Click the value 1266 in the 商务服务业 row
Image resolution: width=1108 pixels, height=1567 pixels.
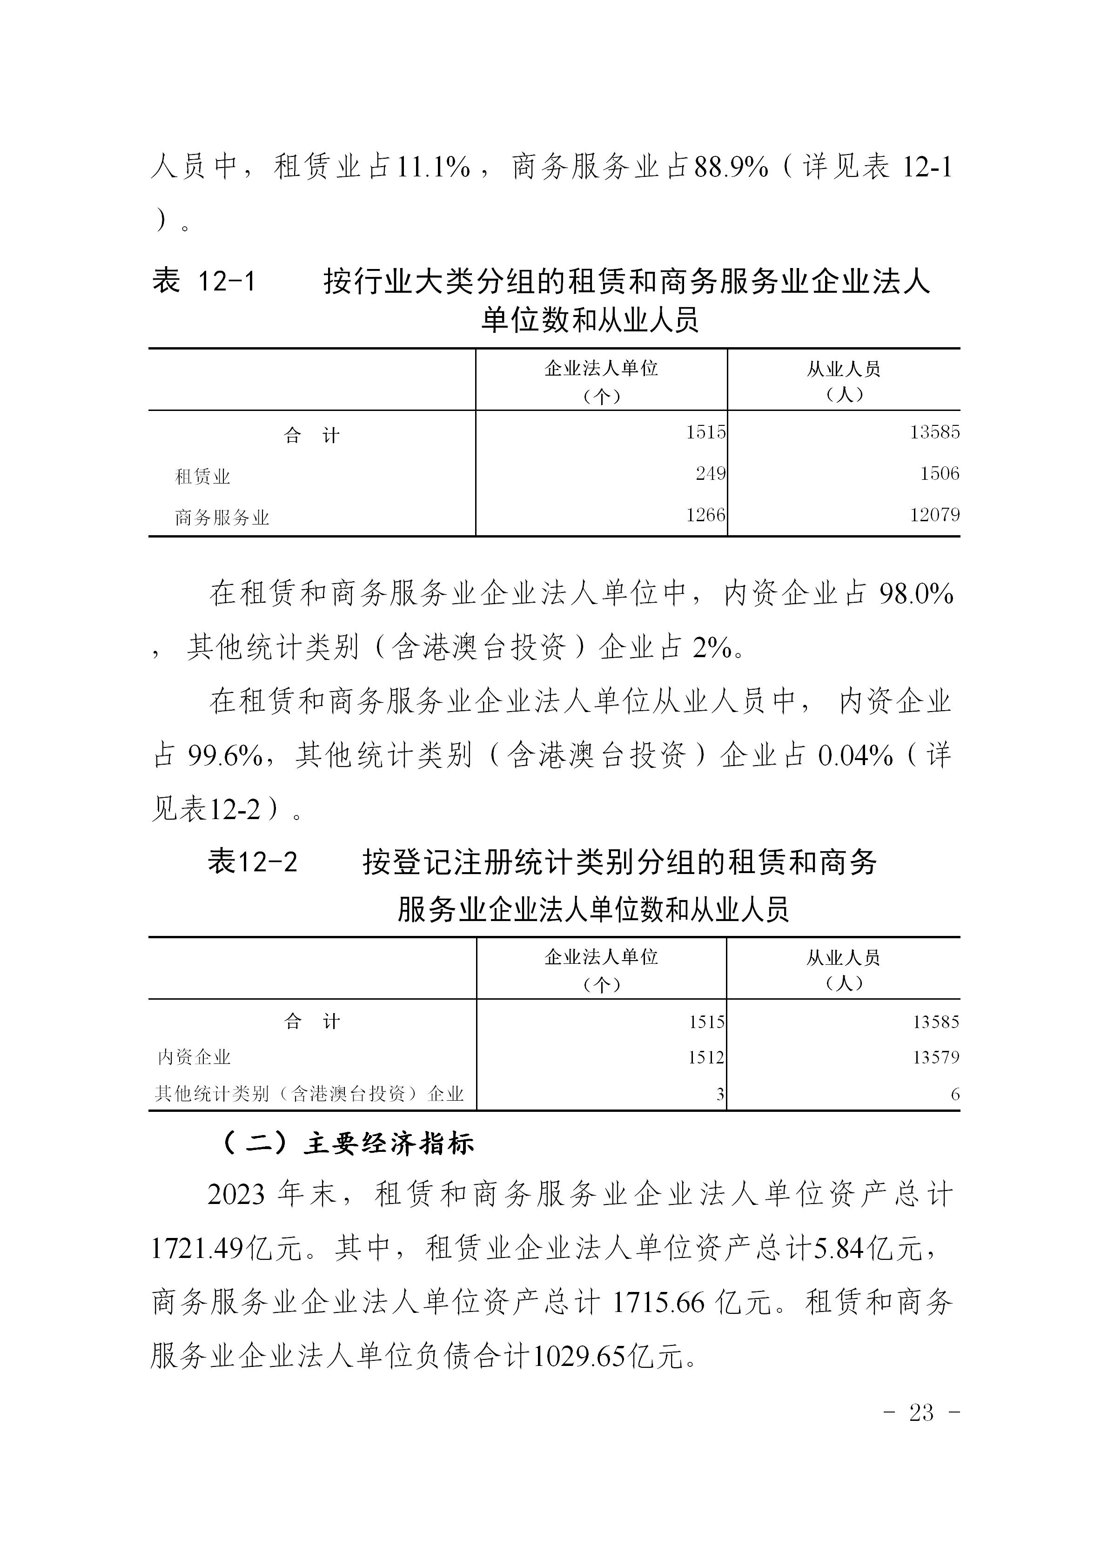(705, 515)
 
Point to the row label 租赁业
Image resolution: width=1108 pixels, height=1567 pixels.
(202, 477)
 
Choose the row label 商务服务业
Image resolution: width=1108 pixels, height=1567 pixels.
(222, 518)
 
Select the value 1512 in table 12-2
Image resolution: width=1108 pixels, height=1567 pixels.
(705, 1057)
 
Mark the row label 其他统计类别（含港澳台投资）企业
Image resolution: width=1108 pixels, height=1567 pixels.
(309, 1094)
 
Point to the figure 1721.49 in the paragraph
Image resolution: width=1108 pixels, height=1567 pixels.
(197, 1249)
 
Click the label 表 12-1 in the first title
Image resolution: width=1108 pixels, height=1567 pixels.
(203, 281)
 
